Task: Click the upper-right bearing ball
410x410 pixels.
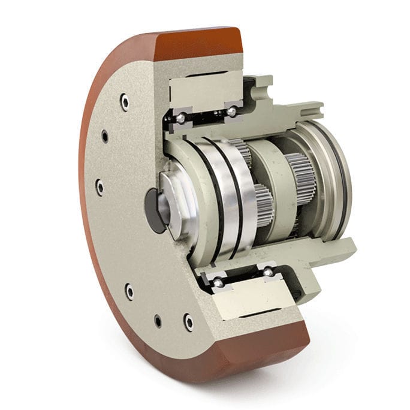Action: pos(231,111)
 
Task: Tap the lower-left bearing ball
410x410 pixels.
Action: pos(219,282)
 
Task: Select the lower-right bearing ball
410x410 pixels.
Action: pos(268,273)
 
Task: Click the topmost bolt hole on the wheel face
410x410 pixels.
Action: pos(124,101)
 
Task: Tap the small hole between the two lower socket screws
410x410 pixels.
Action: pos(158,321)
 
